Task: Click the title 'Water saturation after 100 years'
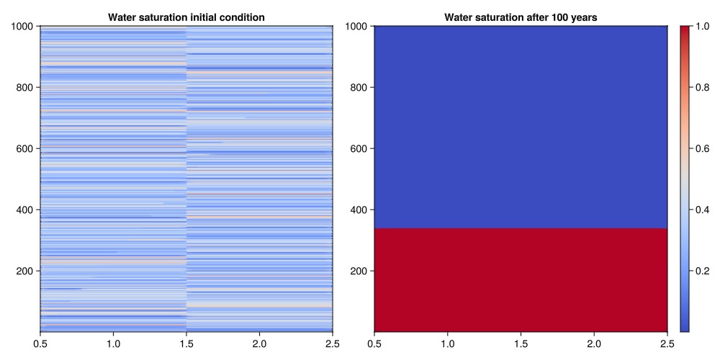click(521, 17)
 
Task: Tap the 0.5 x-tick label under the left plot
click(40, 345)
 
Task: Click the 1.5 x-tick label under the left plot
click(186, 345)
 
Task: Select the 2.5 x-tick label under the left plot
click(333, 345)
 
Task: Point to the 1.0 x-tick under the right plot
click(447, 345)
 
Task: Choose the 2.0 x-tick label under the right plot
click(594, 345)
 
